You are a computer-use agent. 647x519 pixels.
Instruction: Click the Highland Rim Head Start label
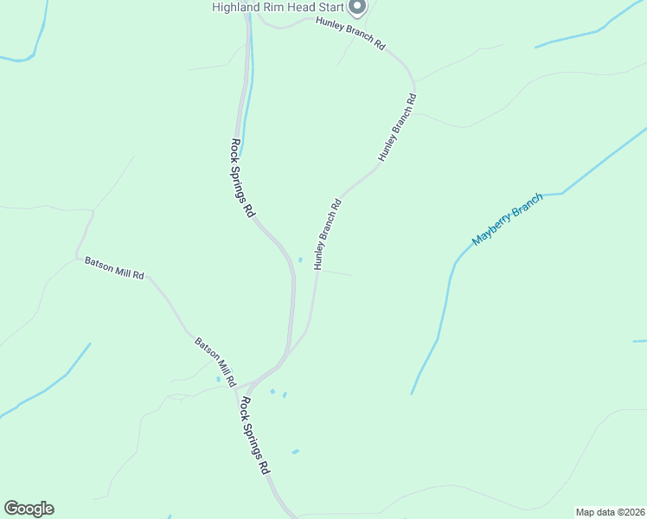pos(279,7)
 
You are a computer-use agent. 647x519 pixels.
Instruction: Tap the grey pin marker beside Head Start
pos(357,7)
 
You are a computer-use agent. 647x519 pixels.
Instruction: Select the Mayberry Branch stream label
pos(508,219)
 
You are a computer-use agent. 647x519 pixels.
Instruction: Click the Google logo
pos(29,509)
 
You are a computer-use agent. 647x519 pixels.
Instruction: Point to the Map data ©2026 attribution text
pos(610,512)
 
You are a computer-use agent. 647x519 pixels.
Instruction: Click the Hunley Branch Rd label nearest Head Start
pos(350,33)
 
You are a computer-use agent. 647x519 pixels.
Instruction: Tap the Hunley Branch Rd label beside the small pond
pos(329,235)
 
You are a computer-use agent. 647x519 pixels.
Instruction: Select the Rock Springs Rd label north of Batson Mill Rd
pos(243,178)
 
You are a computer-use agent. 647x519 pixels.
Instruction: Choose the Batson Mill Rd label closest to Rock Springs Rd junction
pos(215,361)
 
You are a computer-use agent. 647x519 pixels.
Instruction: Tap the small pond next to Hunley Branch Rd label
pos(300,259)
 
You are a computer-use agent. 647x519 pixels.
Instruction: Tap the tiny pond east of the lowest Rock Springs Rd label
pos(295,452)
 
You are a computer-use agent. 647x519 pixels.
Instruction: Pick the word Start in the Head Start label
pos(329,7)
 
